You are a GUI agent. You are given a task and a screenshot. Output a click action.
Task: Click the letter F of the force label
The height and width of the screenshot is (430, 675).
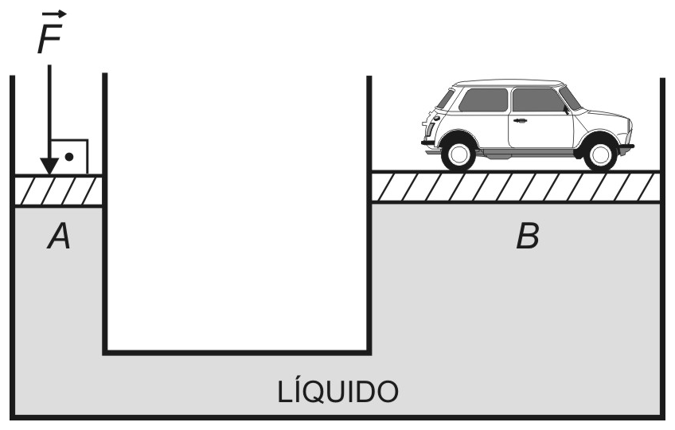point(49,38)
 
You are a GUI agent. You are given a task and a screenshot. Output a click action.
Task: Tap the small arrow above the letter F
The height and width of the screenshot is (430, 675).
point(54,14)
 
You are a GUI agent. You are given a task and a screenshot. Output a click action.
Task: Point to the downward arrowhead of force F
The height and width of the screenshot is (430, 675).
point(49,166)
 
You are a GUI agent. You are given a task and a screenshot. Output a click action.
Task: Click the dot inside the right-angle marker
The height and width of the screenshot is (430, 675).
point(69,157)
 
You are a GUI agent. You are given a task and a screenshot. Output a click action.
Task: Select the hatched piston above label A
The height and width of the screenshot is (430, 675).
point(58,191)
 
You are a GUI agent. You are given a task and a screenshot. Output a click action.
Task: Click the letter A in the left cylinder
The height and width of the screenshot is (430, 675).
point(59,236)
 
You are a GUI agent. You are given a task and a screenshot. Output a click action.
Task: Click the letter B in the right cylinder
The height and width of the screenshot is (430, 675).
point(527,236)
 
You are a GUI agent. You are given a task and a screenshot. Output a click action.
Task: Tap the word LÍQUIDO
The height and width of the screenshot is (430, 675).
point(338,392)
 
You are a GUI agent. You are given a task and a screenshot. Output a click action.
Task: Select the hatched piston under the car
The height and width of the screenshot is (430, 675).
point(515,186)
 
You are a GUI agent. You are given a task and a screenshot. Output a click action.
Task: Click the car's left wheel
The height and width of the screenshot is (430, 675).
point(458,154)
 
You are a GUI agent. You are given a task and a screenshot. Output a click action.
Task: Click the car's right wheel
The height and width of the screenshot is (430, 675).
point(600,154)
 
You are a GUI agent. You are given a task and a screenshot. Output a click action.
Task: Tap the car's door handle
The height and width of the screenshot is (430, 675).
point(520,120)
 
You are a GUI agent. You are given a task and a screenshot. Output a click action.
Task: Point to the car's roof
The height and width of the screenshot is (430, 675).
point(509,83)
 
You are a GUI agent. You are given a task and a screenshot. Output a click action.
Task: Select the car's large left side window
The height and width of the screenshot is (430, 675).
point(483,100)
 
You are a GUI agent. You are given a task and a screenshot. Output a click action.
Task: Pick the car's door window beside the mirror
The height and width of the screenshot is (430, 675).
point(539,100)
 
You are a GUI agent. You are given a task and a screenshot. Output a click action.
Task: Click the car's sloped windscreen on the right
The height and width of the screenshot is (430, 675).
point(571,98)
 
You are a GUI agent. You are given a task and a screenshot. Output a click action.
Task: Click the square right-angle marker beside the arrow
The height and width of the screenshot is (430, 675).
point(70,156)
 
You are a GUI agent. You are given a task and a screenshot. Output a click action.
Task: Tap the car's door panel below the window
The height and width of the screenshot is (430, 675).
point(540,130)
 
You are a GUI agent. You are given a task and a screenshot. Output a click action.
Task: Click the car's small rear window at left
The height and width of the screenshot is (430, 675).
point(445,100)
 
